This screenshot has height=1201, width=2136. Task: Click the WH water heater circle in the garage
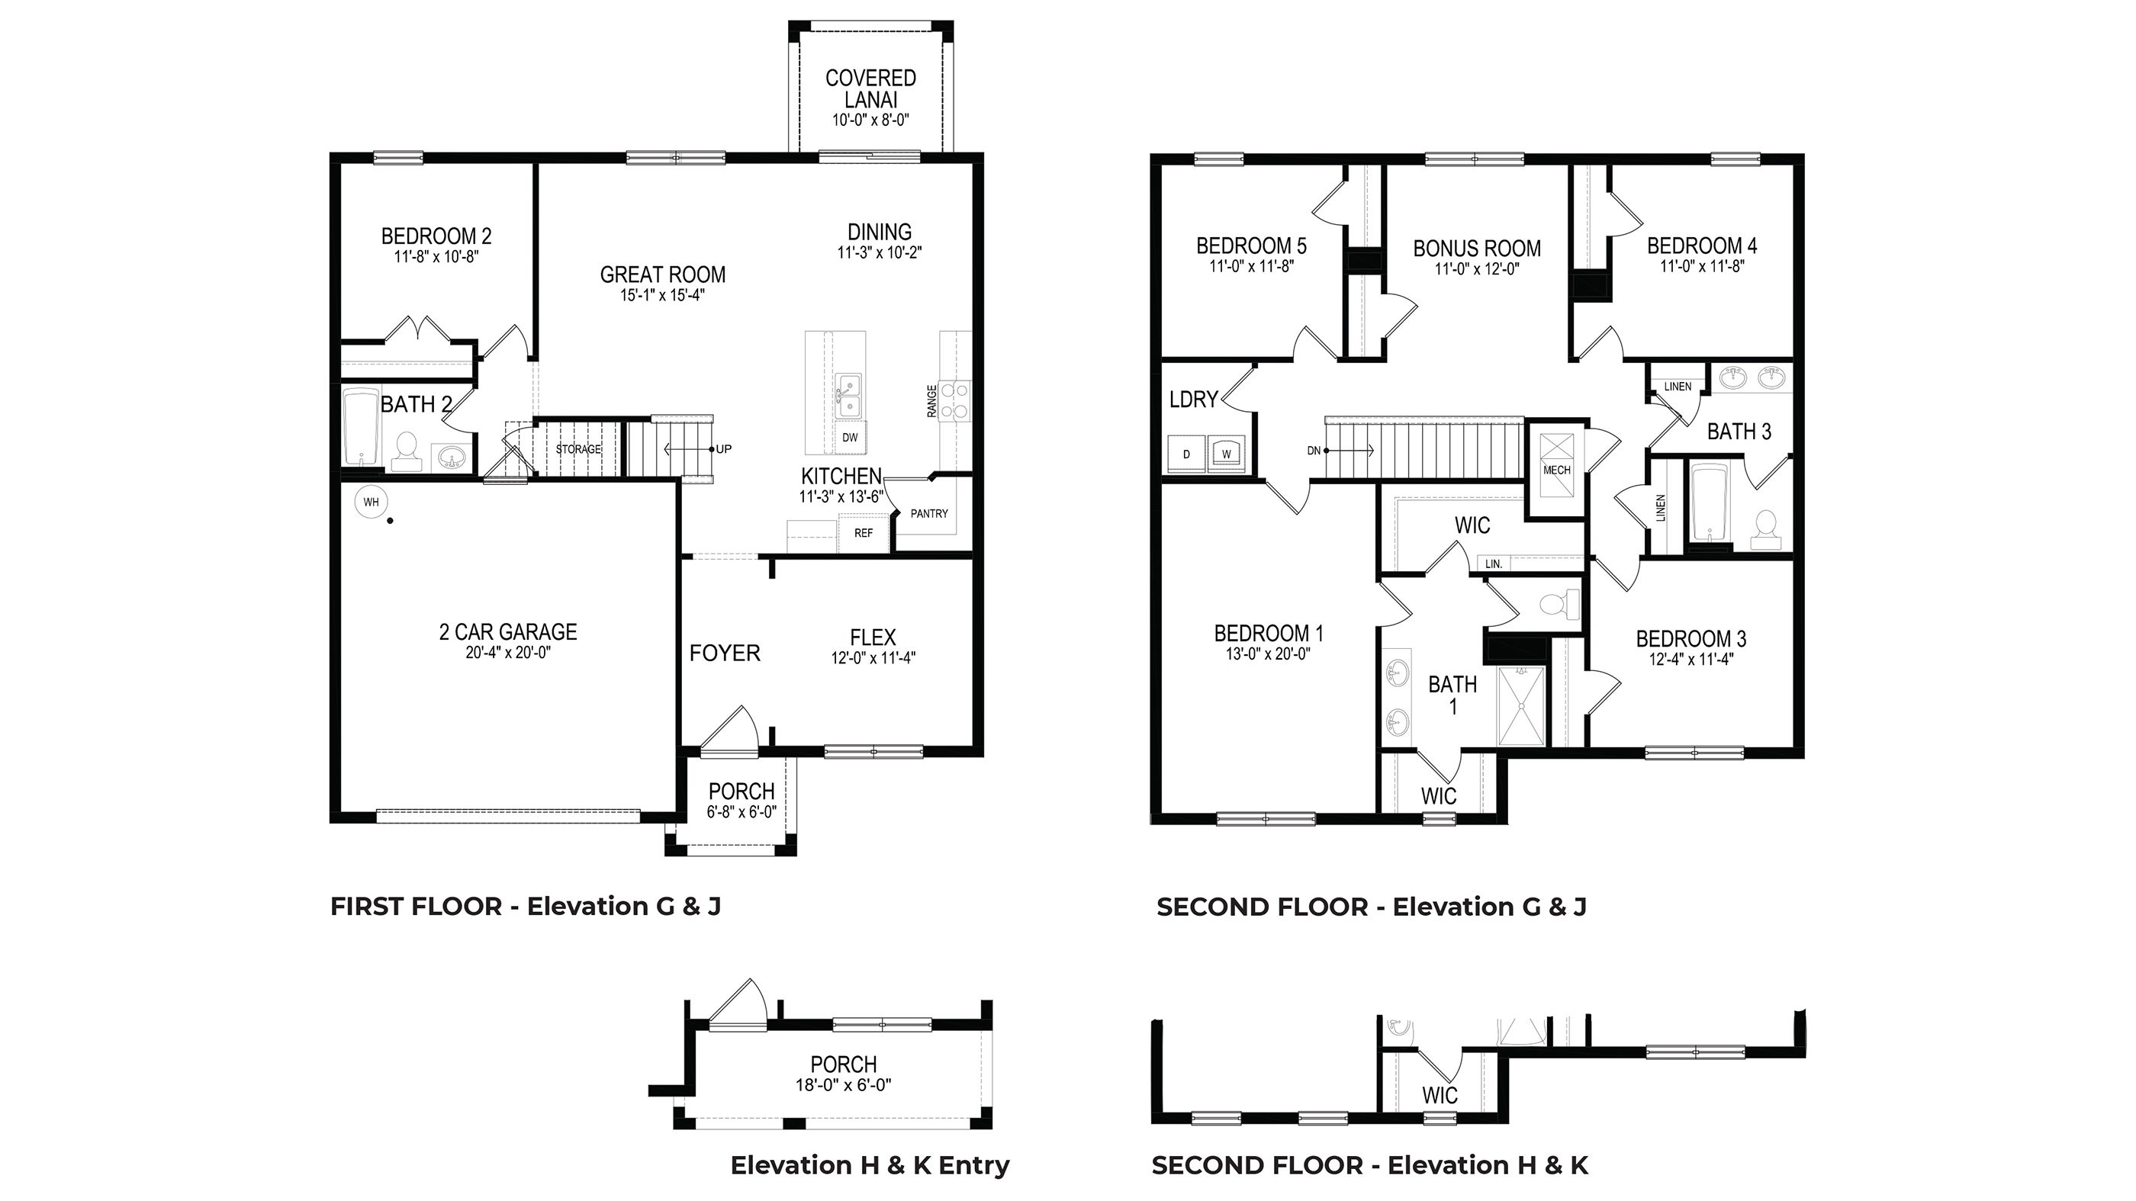[x=371, y=503]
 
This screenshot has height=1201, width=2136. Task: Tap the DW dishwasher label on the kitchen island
[x=850, y=438]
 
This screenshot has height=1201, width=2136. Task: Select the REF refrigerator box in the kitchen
[x=864, y=533]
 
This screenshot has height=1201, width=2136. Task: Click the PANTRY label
[x=928, y=514]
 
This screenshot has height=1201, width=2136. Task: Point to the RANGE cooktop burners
[x=956, y=400]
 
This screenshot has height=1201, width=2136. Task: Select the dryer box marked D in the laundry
[x=1186, y=454]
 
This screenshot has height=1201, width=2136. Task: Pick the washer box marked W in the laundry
[x=1227, y=454]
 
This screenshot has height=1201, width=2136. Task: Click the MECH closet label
[x=1556, y=470]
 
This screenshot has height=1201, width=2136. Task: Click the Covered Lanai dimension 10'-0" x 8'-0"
[x=870, y=120]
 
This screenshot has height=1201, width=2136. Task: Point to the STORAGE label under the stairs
[x=578, y=449]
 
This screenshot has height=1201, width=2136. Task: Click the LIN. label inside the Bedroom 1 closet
[x=1494, y=564]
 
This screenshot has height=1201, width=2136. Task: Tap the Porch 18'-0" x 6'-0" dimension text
[x=843, y=1085]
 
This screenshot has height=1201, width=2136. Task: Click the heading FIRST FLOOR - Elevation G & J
[x=526, y=907]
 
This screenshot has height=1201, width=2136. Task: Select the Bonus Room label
[x=1477, y=249]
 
